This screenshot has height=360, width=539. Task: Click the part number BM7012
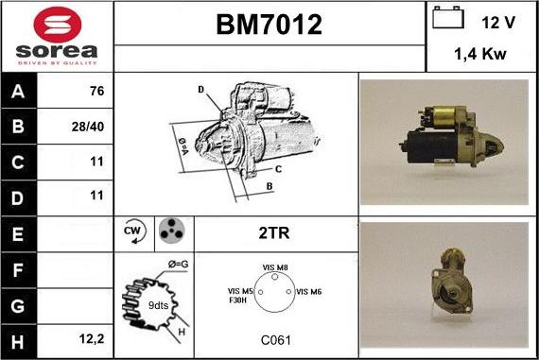click(269, 26)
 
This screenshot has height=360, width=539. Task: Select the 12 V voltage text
click(497, 22)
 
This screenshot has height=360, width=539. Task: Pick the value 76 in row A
click(96, 93)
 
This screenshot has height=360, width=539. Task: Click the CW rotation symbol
click(133, 231)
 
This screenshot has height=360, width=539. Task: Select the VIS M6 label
click(309, 292)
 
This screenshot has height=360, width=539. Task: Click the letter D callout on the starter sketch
click(200, 89)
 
